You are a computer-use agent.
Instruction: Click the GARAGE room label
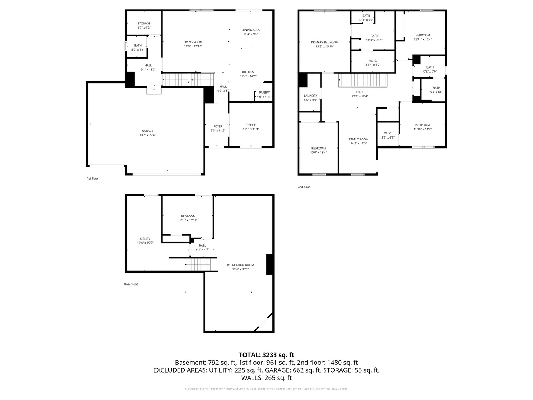[x=147, y=131]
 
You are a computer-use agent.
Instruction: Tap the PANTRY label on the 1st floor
[x=264, y=93]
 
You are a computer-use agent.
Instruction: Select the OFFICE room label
[x=251, y=125]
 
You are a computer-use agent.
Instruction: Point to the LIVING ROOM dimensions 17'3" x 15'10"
[x=193, y=46]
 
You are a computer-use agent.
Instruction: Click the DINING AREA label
[x=251, y=30]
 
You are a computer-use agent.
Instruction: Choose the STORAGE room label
[x=144, y=24]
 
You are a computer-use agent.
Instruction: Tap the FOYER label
[x=218, y=126]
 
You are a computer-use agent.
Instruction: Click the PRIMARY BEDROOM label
[x=325, y=42]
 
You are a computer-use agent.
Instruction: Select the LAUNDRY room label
[x=310, y=96]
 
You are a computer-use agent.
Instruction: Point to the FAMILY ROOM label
[x=359, y=139]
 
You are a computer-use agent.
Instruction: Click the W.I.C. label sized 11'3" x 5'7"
[x=373, y=60]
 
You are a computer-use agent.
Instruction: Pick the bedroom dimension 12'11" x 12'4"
[x=422, y=39]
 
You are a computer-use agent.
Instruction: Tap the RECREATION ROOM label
[x=240, y=265]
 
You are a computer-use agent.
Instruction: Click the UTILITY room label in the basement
[x=145, y=239]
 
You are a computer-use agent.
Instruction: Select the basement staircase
[x=198, y=264]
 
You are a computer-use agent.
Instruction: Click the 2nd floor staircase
[x=362, y=80]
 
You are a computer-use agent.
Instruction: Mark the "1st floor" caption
[x=93, y=179]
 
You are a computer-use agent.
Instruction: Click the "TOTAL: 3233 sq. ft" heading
[x=266, y=355]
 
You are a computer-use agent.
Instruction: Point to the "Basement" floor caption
[x=131, y=284]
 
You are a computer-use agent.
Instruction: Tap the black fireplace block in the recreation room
[x=270, y=264]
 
